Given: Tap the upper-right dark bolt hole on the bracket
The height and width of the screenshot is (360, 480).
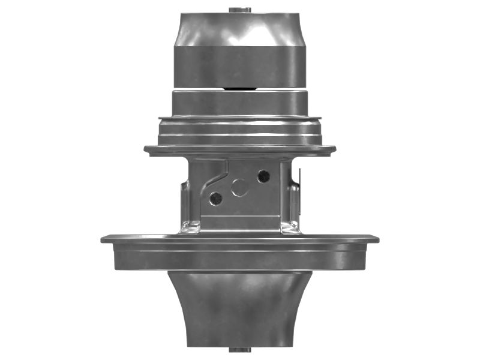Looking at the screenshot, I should pyautogui.click(x=263, y=176).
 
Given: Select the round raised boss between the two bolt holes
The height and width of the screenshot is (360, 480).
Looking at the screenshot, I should pyautogui.click(x=240, y=188).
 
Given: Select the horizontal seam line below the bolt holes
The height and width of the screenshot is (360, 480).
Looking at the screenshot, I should pyautogui.click(x=240, y=215).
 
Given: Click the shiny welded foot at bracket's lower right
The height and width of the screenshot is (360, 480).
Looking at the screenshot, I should pyautogui.click(x=289, y=227).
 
